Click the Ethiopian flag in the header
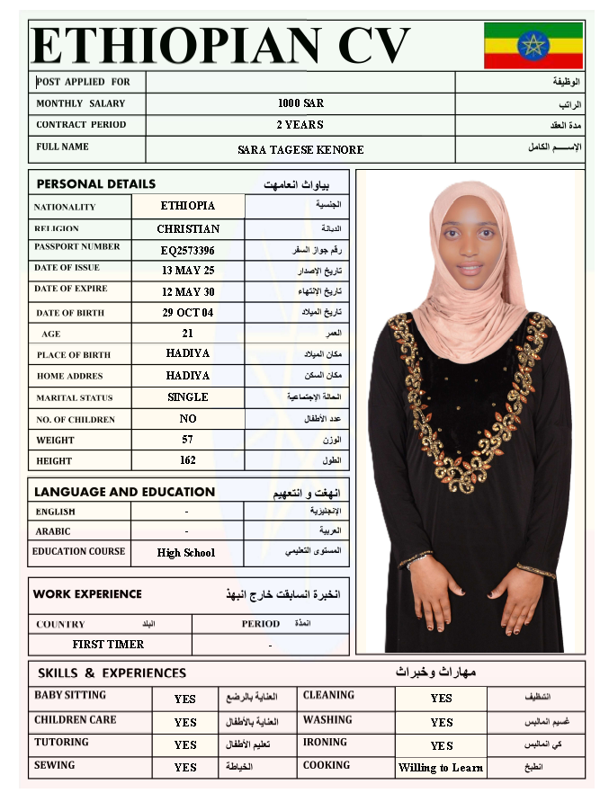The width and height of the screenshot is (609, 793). (533, 45)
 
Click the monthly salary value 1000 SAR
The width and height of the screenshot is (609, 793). (300, 103)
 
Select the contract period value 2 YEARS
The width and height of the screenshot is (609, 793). (300, 125)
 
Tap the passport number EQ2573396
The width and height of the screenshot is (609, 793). (188, 250)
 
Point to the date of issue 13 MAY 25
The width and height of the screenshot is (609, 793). (188, 271)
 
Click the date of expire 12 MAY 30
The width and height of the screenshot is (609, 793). (188, 292)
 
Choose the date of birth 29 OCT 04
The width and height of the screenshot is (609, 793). (188, 313)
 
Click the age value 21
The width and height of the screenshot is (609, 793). (188, 334)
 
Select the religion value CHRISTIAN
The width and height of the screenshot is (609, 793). (188, 228)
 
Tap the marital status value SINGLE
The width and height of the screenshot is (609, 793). (188, 396)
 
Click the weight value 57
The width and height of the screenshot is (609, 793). (188, 440)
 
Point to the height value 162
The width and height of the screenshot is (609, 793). (188, 460)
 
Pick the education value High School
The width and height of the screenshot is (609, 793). (186, 553)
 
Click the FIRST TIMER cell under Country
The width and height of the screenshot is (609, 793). (108, 645)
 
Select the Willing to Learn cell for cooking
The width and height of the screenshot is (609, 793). (441, 768)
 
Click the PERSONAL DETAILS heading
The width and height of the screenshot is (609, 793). (95, 184)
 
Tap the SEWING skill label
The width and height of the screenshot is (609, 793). (55, 766)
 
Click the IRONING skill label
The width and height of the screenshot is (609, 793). (325, 743)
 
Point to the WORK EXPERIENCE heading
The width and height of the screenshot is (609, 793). (87, 594)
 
